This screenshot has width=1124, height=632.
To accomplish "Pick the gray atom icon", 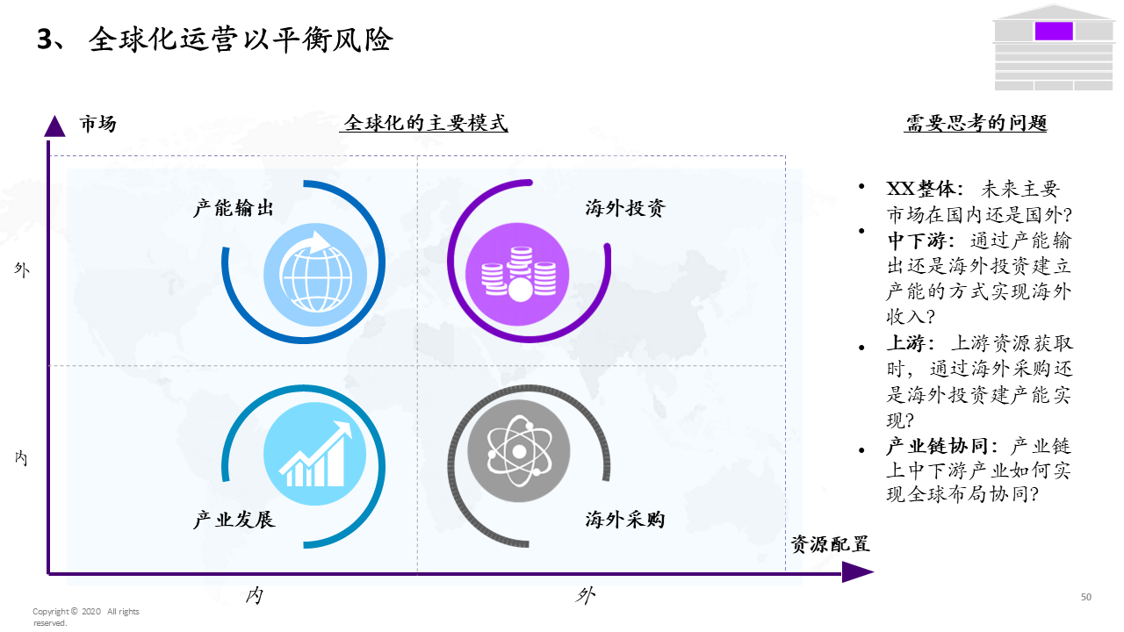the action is point(518,451).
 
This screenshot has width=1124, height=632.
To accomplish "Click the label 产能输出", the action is point(234,209).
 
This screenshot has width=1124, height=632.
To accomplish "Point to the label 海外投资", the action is point(625,209).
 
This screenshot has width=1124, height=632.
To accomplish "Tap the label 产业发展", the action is point(234,520).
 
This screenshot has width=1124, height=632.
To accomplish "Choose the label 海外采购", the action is point(625,520).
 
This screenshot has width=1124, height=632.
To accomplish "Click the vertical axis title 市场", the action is point(97,124).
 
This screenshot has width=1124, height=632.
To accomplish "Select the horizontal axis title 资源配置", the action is point(830,544).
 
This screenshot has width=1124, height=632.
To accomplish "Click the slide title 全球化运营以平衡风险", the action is point(240,40).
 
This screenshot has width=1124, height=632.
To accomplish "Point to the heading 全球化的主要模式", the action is point(426,123).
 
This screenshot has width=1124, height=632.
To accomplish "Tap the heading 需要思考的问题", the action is point(976,123).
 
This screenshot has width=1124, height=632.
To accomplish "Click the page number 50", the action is point(1086,597).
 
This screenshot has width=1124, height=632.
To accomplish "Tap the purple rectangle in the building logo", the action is point(1054,32).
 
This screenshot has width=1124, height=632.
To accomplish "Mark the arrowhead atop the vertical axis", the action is point(54,126).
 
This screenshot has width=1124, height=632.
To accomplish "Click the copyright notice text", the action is point(85,616).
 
